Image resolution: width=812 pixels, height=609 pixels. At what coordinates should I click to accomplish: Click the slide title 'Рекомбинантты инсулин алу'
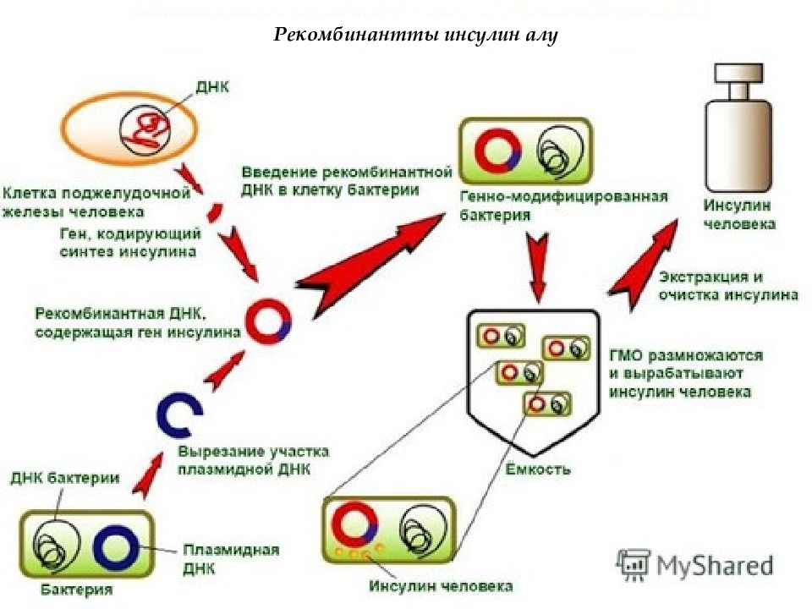coord(415,35)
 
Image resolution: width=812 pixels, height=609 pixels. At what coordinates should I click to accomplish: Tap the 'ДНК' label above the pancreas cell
coord(212,87)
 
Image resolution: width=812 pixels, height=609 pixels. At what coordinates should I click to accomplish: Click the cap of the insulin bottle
coord(738,73)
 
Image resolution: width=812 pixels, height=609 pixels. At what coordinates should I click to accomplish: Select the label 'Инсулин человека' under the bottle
coord(739,214)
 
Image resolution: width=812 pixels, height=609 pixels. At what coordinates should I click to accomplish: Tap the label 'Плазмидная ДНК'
coord(231,559)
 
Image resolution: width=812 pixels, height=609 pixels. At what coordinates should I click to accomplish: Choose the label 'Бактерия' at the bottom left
coord(77,590)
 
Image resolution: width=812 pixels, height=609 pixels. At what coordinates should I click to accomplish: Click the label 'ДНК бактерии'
coord(65,477)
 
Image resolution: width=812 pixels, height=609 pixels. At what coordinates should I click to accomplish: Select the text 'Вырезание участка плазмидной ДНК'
coord(253,460)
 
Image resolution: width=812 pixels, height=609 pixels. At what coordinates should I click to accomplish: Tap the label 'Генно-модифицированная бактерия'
coord(563,206)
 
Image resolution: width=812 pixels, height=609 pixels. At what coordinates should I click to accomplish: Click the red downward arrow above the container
coord(538,266)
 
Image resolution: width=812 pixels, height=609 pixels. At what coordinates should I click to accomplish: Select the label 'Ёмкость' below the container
coord(538,469)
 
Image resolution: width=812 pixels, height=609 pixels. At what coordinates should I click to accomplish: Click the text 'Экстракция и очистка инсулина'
coord(728,286)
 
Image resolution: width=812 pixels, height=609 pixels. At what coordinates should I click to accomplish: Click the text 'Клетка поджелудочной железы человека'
coord(96,202)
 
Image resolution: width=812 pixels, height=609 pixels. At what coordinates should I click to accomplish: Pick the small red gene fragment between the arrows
coord(214,212)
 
